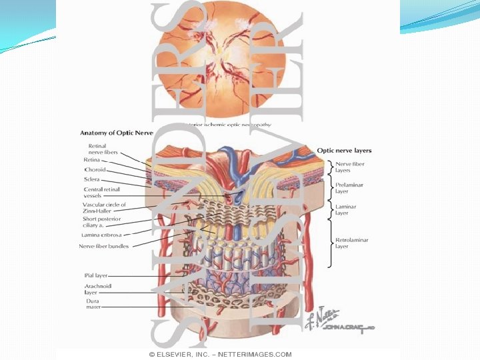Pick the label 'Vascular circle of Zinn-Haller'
(104, 208)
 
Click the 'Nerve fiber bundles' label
(104, 246)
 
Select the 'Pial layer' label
(95, 275)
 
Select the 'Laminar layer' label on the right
(345, 210)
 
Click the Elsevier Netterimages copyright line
(220, 354)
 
